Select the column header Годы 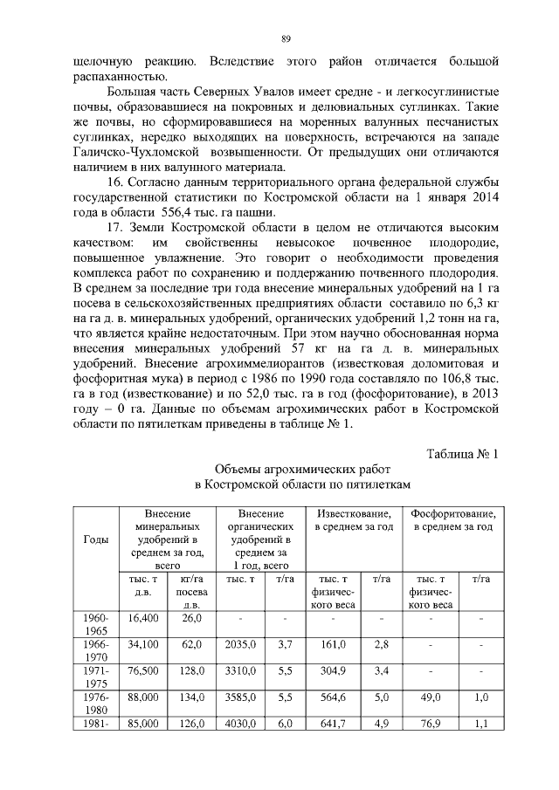[96, 539]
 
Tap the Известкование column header [354, 520]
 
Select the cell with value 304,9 [334, 670]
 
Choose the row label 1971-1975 [97, 677]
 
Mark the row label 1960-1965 [97, 624]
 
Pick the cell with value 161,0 [334, 644]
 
